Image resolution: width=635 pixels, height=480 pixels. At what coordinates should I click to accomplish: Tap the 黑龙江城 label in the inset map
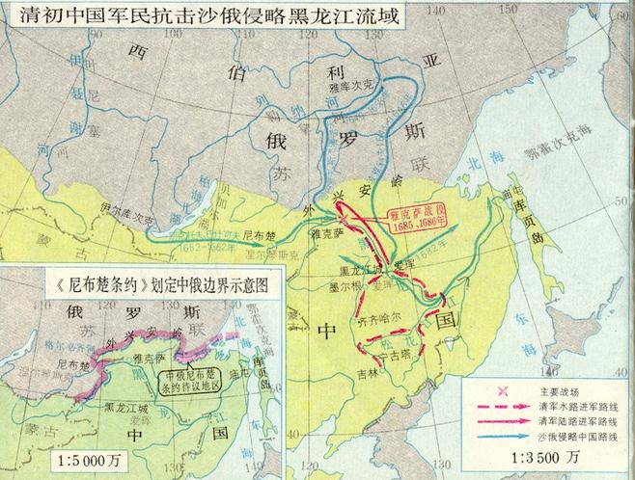pos(121,407)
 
